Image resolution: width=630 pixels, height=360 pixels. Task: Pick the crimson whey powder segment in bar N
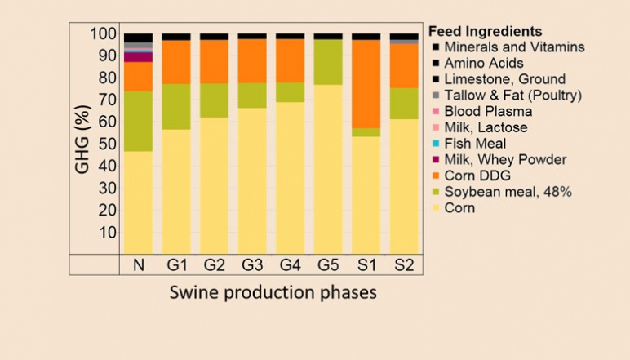coord(138,57)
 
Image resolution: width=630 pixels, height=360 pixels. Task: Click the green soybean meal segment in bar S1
coord(366,132)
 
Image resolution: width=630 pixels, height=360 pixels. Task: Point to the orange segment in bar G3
coord(252,60)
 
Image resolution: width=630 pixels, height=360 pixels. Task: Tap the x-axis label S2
coord(405,265)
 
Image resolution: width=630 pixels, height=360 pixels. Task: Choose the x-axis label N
coord(138,265)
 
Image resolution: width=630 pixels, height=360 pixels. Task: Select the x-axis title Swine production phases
coord(273,292)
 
